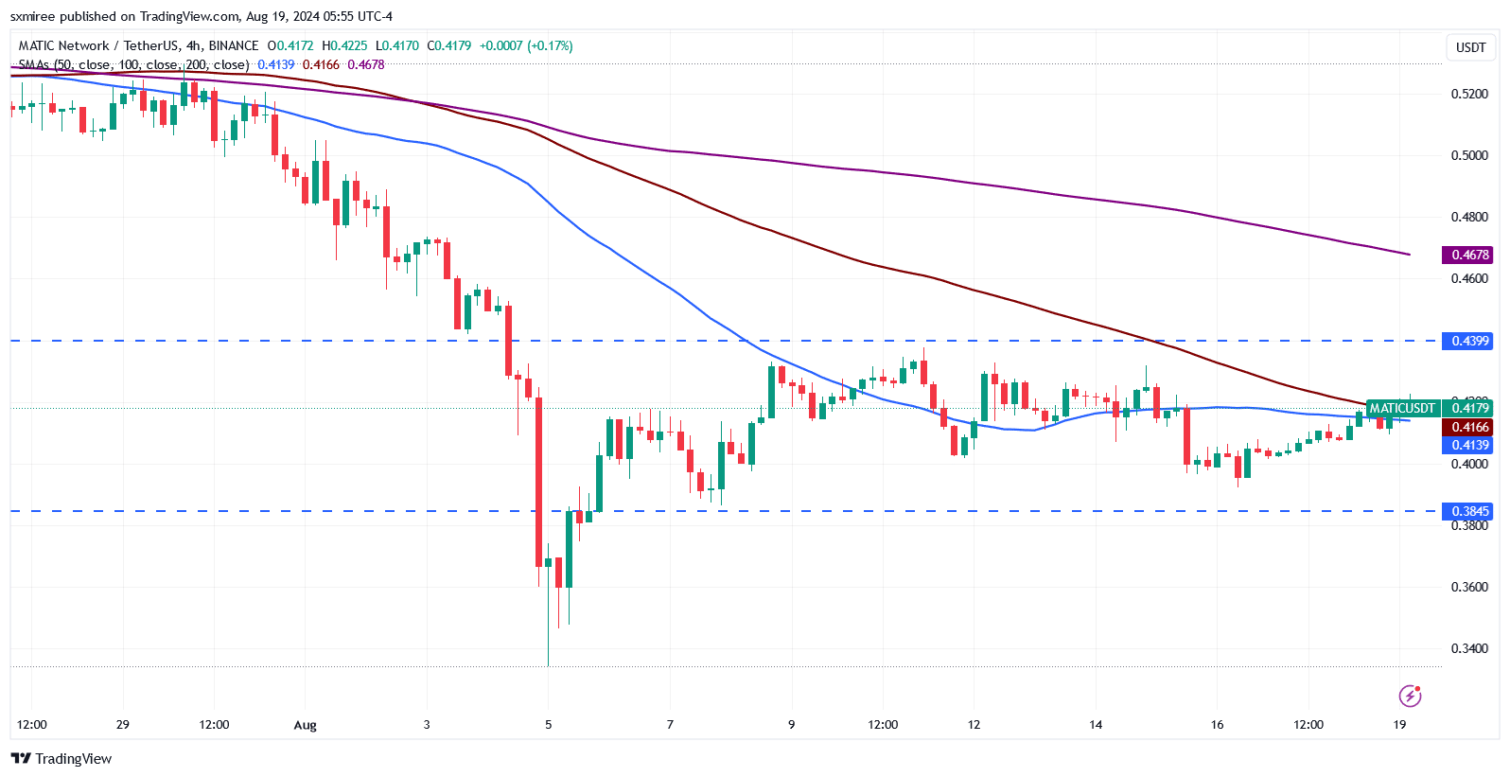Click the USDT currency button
(x=1470, y=47)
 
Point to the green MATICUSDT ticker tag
(x=1402, y=408)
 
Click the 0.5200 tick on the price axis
(x=1469, y=94)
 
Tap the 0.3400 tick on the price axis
(x=1469, y=648)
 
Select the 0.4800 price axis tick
(x=1469, y=217)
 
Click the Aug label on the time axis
(x=305, y=725)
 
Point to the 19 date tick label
(x=1399, y=725)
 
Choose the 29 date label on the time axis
(x=123, y=725)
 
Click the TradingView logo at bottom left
(x=61, y=758)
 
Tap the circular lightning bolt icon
(x=1410, y=697)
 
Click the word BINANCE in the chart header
(x=233, y=45)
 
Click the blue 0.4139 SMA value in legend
(x=276, y=64)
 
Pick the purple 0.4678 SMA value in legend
(x=366, y=64)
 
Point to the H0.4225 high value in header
(x=344, y=45)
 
